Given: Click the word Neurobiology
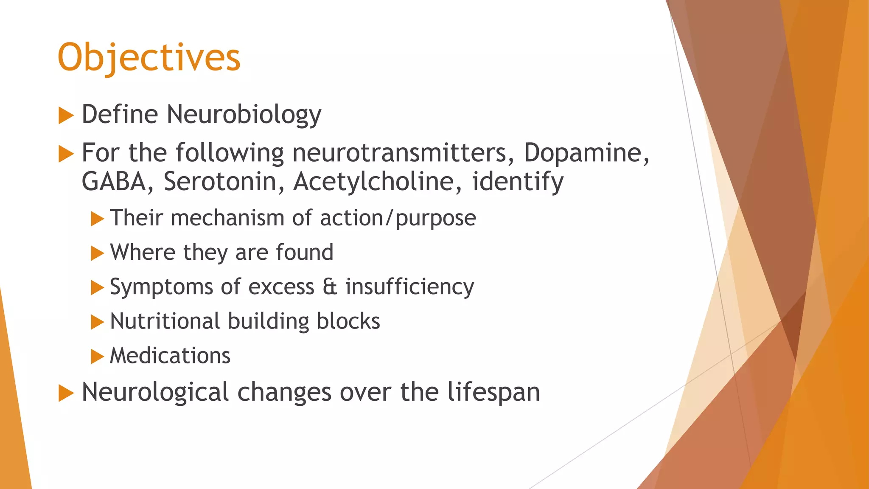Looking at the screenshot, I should pos(244,115).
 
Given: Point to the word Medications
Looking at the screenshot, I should pos(170,355).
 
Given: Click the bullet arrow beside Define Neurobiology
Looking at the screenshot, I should pos(66,115).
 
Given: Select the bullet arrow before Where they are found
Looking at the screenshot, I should pos(97,253).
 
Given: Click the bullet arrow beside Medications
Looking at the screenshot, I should pos(97,357).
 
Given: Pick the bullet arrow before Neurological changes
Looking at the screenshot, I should pos(66,393).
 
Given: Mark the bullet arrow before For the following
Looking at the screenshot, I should pos(66,154).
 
